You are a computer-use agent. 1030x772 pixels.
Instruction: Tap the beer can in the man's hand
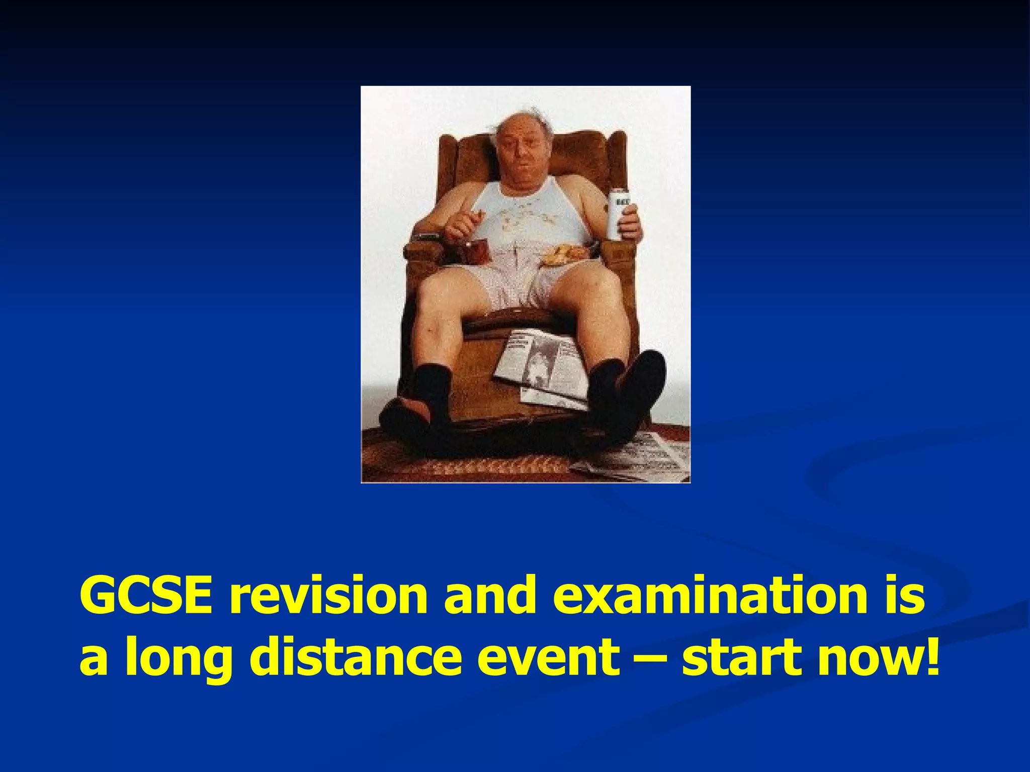pyautogui.click(x=617, y=214)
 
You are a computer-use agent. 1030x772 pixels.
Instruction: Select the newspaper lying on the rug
pyautogui.click(x=639, y=457)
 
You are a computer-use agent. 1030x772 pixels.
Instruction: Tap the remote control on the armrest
pyautogui.click(x=427, y=236)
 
